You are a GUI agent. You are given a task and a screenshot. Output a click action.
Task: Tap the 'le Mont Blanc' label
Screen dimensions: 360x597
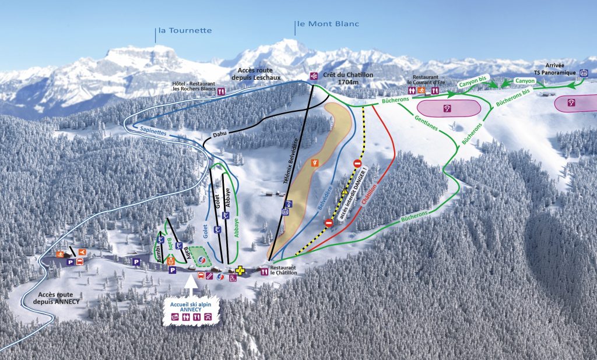pyautogui.click(x=328, y=24)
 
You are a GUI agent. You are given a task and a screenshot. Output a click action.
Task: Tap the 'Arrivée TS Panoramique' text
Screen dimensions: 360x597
pyautogui.click(x=556, y=69)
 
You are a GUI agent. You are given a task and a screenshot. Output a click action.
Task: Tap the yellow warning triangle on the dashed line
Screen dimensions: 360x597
pyautogui.click(x=345, y=191)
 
